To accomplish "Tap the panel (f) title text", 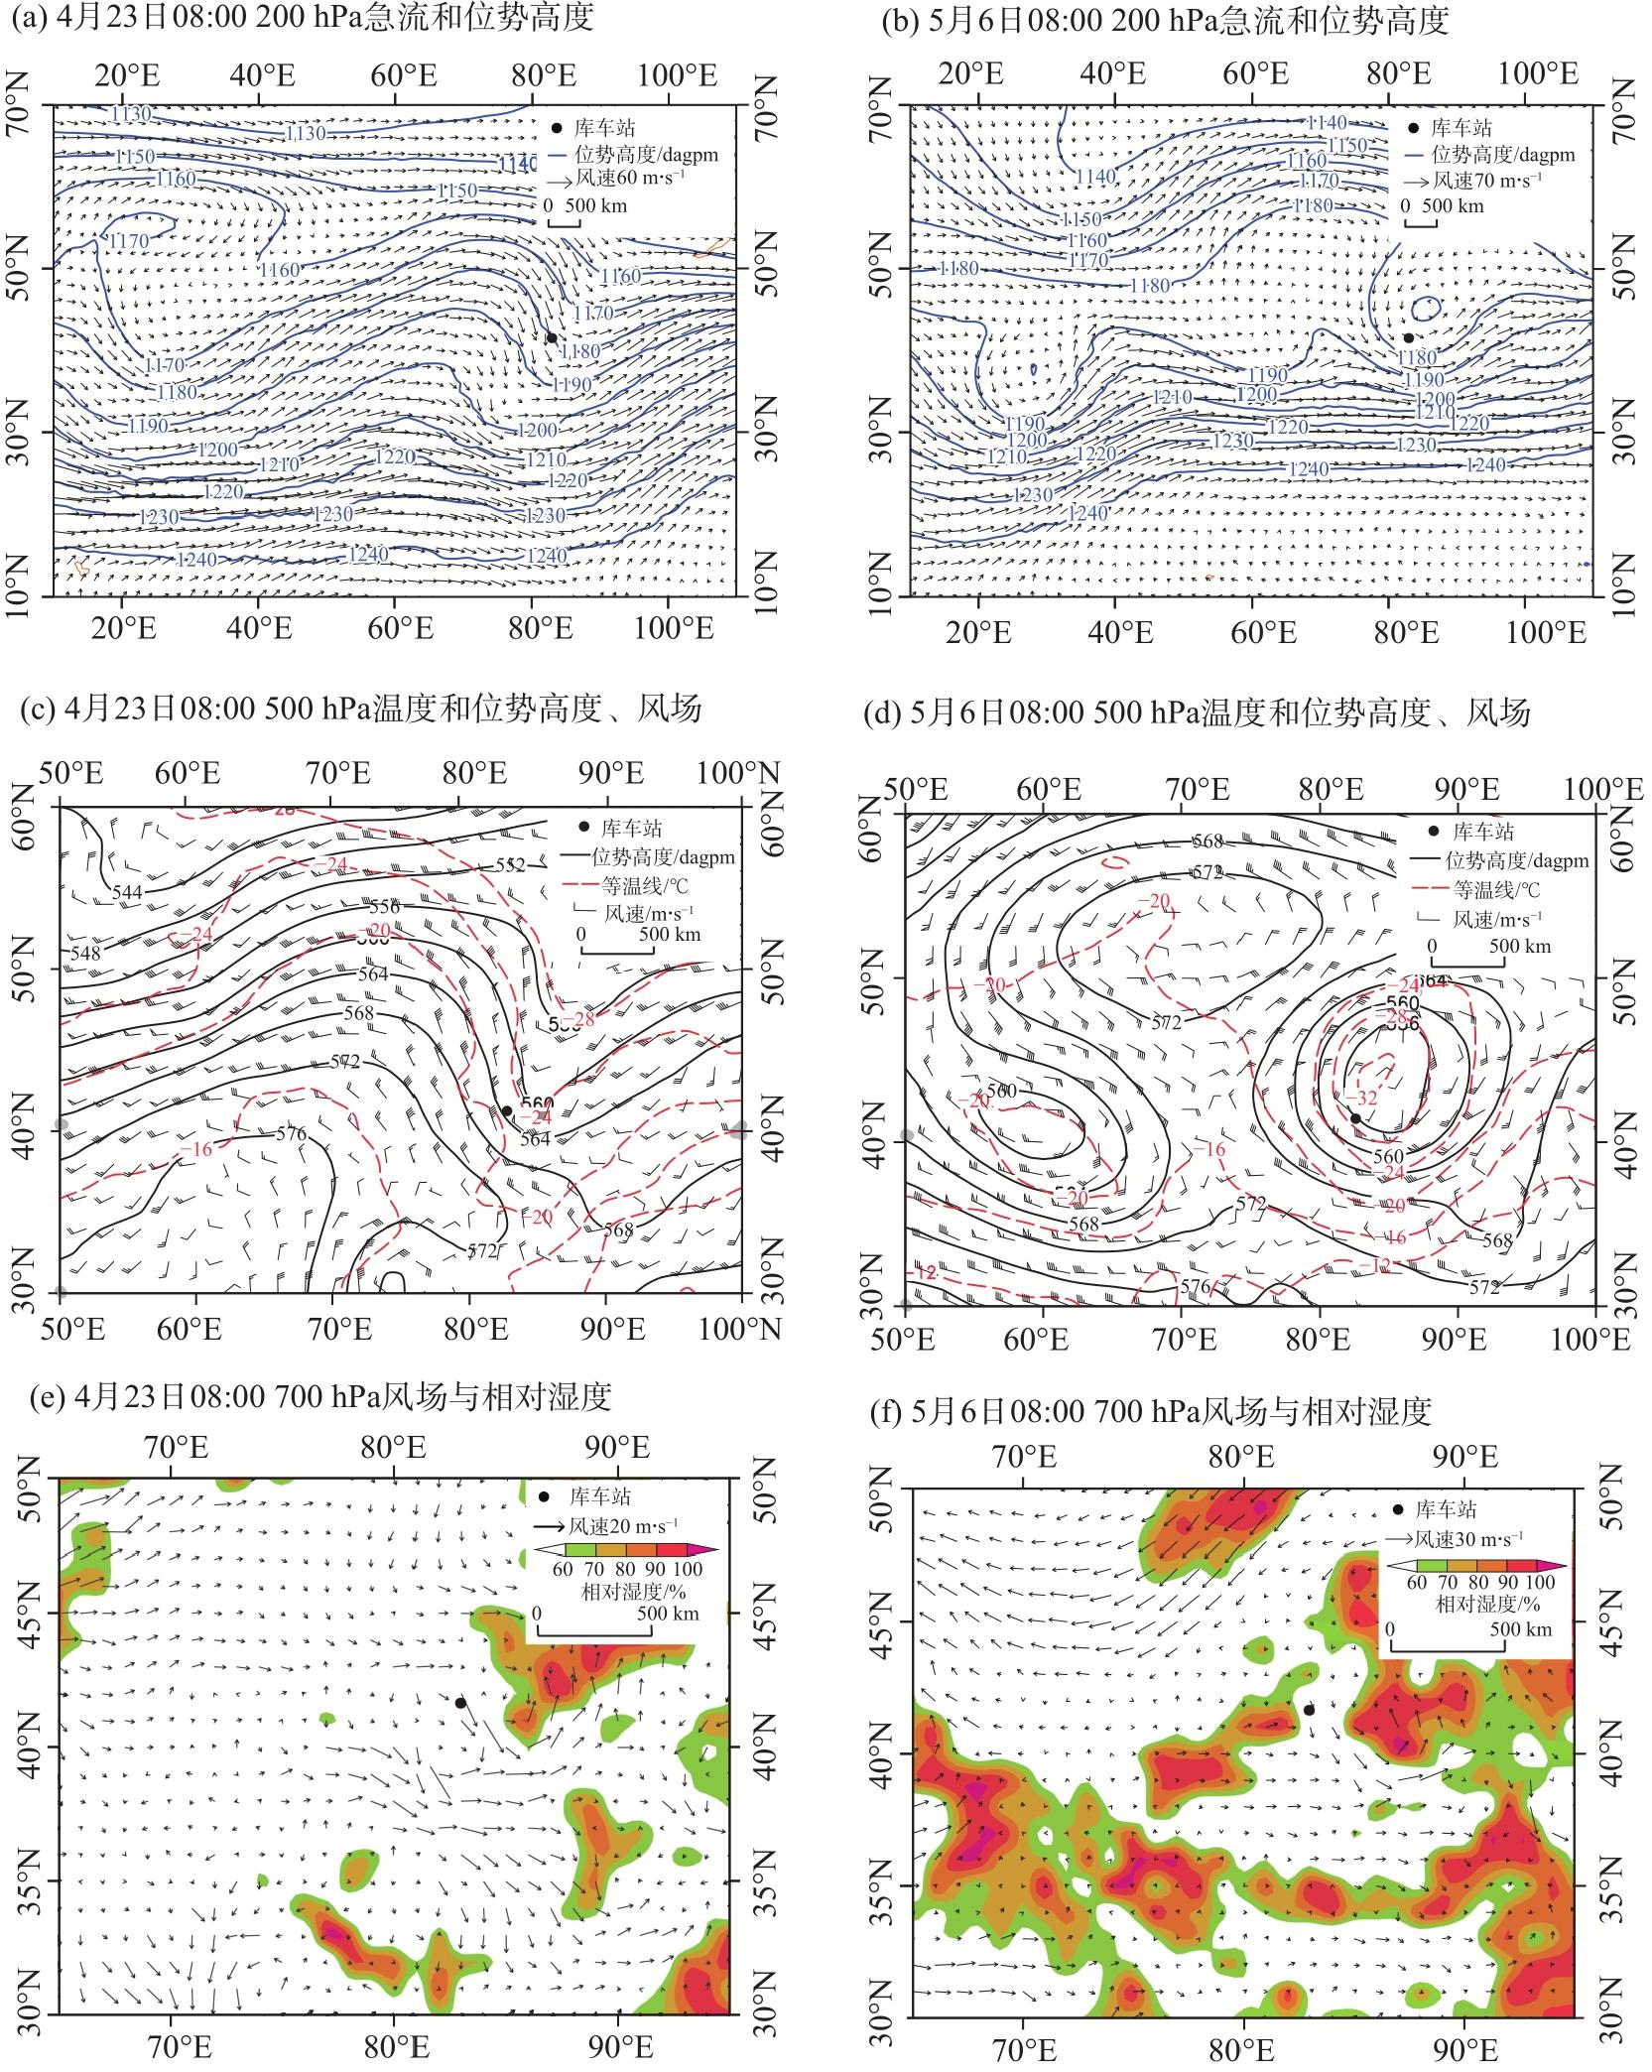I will [1171, 1411].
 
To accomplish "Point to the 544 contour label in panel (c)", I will [128, 891].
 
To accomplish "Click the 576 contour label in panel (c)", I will [290, 1133].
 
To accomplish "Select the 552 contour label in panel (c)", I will [510, 865].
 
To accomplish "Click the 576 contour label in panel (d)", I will [1199, 1287].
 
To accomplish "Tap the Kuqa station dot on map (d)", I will [1355, 1117].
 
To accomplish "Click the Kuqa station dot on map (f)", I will [1310, 1709].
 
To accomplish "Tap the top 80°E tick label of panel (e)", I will [395, 1449].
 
